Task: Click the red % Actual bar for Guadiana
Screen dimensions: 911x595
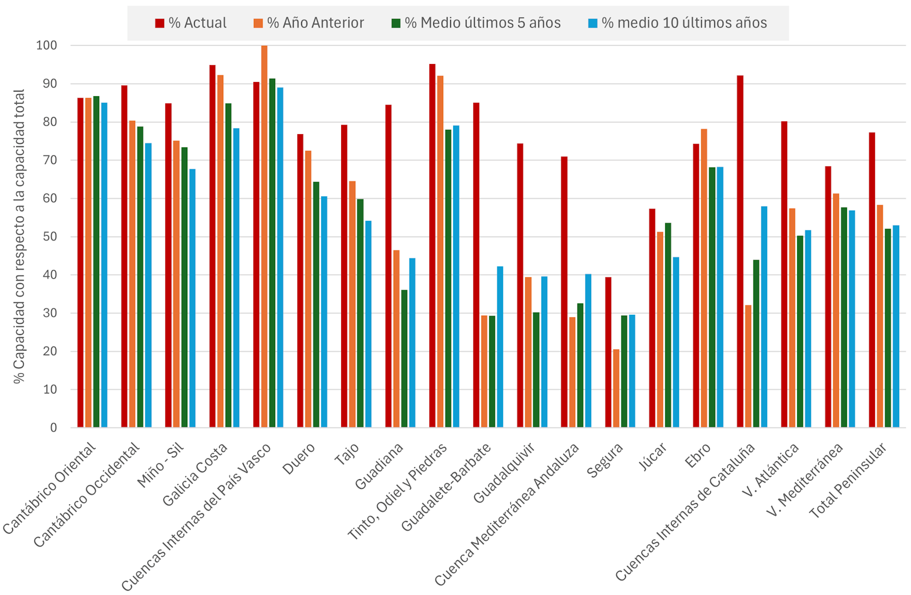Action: coord(388,266)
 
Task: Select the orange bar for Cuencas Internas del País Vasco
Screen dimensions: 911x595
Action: coord(264,237)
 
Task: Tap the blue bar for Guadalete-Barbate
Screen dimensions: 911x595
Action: coord(500,347)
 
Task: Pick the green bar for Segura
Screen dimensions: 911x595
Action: coord(624,372)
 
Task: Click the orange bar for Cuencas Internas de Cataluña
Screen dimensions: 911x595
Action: coord(748,366)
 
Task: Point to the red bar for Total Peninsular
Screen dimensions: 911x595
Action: coord(872,280)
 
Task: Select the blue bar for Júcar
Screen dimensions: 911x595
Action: coord(676,342)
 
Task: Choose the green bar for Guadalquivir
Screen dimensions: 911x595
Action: coord(536,370)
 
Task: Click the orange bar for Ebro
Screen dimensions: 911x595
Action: coord(704,278)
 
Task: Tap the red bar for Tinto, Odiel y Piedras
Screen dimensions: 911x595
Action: coord(432,246)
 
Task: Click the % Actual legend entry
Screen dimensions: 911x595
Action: coord(191,23)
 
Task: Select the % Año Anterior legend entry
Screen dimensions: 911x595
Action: coord(309,23)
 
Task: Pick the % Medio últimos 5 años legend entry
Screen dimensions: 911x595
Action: coord(476,23)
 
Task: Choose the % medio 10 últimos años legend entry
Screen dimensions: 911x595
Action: coord(678,23)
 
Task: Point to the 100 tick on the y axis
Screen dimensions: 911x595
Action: coord(46,46)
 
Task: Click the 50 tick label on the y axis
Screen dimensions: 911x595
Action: coord(50,237)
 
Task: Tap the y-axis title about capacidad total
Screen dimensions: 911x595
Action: coord(19,237)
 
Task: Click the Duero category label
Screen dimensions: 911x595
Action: coord(298,458)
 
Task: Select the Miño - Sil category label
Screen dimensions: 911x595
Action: coord(160,465)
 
